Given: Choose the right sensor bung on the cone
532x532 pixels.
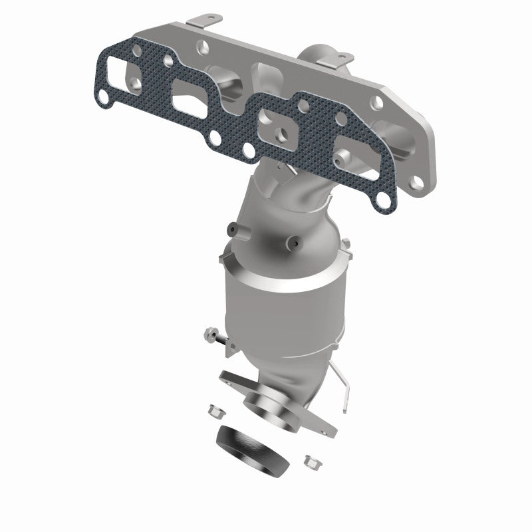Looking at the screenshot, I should tap(293, 243).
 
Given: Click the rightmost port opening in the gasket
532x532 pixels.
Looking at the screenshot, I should tap(352, 152).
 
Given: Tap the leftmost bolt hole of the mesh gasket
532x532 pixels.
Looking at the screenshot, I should tap(103, 98).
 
